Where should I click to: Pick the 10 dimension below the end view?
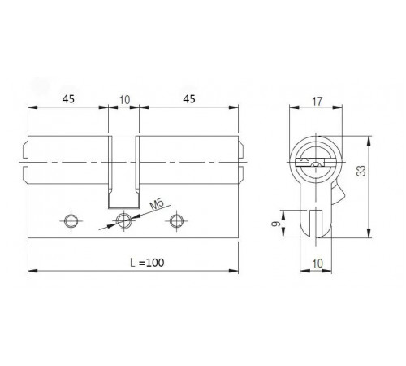pyautogui.click(x=318, y=264)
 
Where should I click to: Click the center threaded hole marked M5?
pyautogui.click(x=123, y=220)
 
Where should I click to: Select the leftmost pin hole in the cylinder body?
pyautogui.click(x=71, y=220)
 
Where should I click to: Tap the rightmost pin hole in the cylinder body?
pyautogui.click(x=175, y=220)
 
